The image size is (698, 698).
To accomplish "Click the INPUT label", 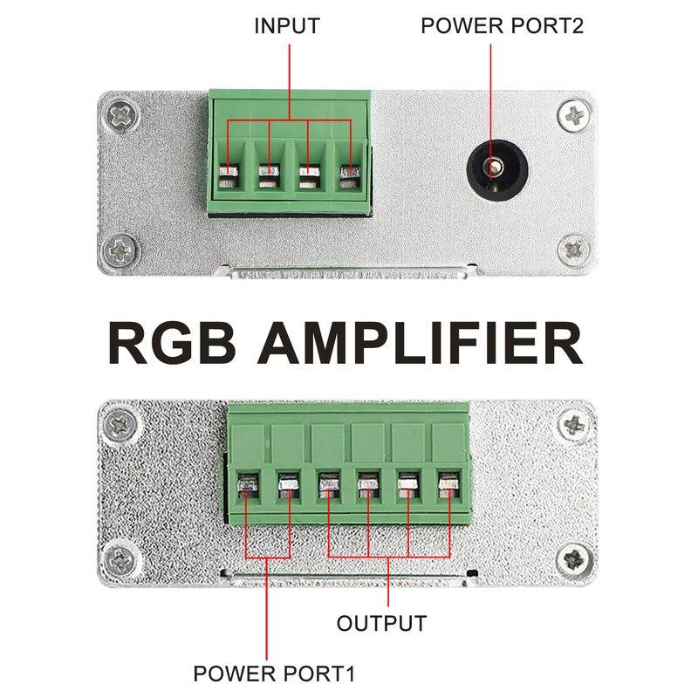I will point(287,25).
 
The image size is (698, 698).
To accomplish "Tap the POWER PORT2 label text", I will point(502,25).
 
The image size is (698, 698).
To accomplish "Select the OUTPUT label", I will point(381,624).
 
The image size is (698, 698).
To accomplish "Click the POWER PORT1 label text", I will point(274,674).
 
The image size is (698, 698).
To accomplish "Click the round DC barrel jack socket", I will point(495,166).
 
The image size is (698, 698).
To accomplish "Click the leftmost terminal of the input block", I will point(228,174).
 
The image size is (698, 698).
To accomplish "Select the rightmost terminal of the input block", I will point(350,174).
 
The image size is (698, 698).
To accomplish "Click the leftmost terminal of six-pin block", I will point(247,482).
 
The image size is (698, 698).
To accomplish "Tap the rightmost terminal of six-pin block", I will point(448,482).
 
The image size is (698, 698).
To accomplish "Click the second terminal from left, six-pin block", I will point(287,482).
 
